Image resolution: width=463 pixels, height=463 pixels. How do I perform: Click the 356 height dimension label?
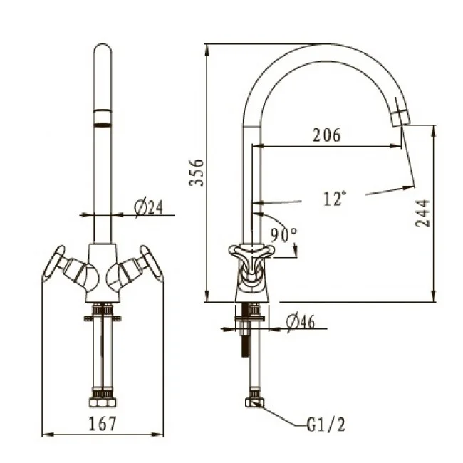coord(197,173)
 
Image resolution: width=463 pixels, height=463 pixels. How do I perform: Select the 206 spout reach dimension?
coord(326,135)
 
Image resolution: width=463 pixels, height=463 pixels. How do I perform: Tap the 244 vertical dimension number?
coord(422,213)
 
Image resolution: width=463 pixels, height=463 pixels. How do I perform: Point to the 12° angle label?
coord(335,198)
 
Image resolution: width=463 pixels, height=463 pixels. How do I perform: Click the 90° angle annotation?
coord(283,235)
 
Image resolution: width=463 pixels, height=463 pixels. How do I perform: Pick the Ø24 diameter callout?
coord(149,207)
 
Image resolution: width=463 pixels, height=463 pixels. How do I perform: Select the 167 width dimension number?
coord(103,423)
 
